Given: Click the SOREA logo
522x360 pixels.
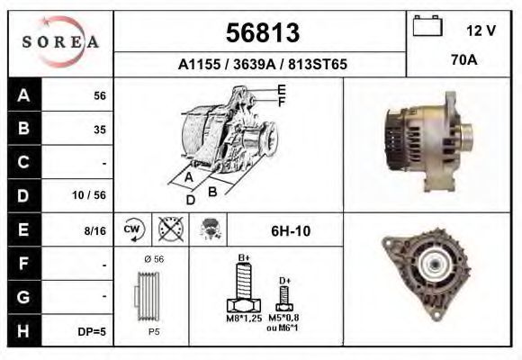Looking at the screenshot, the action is [x=60, y=41].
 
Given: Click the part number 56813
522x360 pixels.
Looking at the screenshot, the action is [x=263, y=32].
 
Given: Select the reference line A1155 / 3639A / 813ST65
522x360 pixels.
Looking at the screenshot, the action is [x=262, y=64].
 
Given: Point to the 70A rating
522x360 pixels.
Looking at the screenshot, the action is [x=464, y=60].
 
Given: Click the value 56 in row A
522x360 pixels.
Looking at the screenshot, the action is [x=100, y=96].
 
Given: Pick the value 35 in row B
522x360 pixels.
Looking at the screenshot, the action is [x=100, y=130].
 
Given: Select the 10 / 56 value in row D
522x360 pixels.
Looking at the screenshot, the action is [x=89, y=195].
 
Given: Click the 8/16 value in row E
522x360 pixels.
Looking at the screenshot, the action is [x=94, y=230].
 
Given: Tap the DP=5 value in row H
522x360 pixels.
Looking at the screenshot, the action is [x=92, y=332].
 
